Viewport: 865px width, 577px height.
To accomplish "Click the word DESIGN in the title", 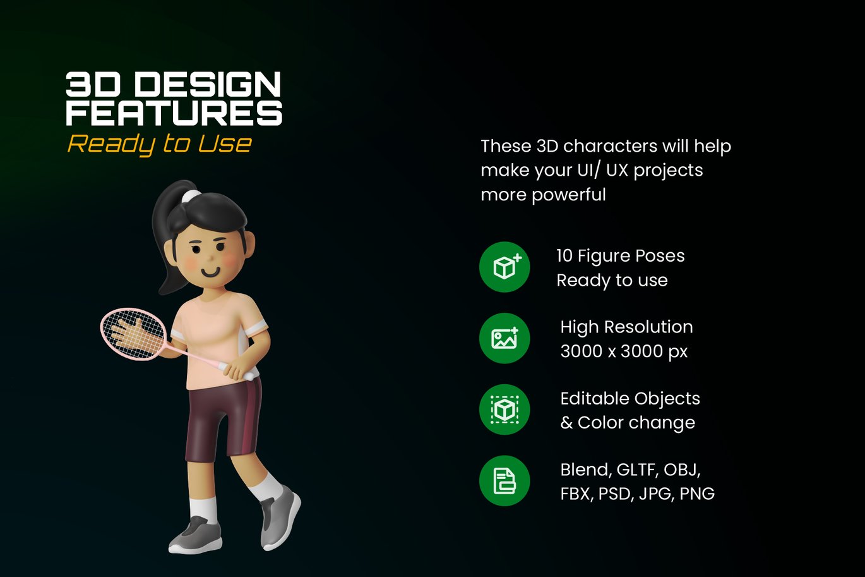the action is pos(207,84).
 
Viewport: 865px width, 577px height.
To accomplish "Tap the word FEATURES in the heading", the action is pos(174,112).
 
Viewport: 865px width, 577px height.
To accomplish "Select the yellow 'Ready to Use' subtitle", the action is pos(160,144).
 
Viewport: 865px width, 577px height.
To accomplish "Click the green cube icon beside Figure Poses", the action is pos(504,267).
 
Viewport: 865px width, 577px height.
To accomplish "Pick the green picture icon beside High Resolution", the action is pos(504,338).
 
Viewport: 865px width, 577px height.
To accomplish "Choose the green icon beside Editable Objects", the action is pos(504,410).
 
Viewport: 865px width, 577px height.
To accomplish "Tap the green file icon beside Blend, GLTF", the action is pos(504,481).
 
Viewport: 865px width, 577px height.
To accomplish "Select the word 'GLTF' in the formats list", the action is pos(637,470).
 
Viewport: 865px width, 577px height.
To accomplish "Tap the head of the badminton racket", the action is pos(133,334).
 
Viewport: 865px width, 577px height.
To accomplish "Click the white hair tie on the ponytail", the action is pos(191,196).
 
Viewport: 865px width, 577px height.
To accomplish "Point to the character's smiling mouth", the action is pos(210,272).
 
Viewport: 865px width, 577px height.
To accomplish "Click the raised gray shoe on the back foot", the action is pos(280,517).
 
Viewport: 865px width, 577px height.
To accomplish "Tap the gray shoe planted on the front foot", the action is pos(196,535).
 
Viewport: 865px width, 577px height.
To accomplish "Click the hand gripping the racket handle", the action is pos(237,370).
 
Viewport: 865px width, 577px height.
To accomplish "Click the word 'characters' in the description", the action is pos(611,146).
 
